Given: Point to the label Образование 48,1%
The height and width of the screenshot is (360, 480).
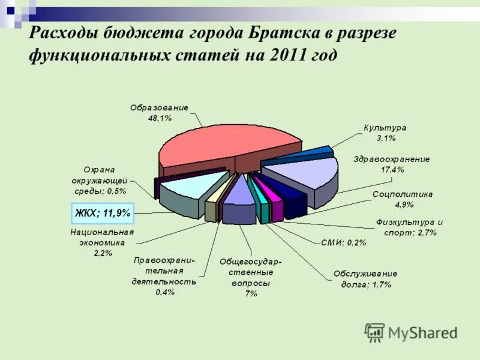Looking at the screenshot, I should click(x=160, y=113).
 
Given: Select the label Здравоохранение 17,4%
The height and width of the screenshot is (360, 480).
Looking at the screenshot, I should click(x=392, y=164).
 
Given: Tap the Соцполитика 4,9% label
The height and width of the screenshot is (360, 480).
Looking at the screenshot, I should click(x=403, y=199).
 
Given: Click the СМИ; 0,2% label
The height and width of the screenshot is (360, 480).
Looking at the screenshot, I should click(x=343, y=243).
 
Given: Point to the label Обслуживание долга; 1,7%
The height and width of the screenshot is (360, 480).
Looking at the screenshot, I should click(x=365, y=279).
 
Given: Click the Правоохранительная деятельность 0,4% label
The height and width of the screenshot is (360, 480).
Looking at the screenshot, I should click(x=164, y=275).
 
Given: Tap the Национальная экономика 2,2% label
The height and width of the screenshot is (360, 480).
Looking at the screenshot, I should click(x=102, y=242).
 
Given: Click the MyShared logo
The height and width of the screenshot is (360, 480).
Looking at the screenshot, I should click(x=411, y=332).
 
